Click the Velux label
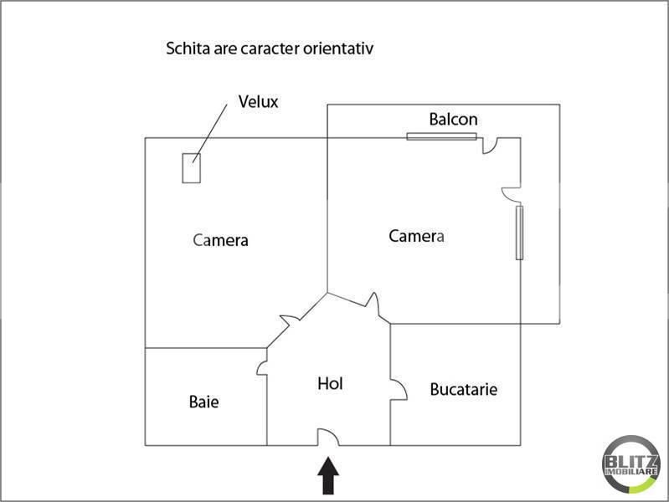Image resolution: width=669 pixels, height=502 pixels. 258,101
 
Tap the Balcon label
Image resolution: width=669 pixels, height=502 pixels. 453,120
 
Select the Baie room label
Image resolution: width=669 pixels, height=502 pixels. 204,402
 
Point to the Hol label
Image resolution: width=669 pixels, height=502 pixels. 330,383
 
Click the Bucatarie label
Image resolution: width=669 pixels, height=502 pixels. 463,389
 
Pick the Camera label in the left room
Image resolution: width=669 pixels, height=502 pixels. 220,240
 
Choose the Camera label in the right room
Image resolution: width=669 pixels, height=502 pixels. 416,236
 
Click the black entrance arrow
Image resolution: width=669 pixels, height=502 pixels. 328,475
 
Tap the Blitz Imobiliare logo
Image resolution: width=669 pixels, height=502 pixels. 631,464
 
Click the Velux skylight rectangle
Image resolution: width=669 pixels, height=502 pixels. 192,168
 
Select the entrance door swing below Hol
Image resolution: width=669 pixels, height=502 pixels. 327,438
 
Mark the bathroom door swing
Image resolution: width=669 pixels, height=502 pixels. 262,368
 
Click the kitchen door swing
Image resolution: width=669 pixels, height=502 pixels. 399,389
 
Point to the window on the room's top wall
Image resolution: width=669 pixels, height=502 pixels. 441,136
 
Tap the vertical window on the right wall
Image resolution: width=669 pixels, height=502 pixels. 519,233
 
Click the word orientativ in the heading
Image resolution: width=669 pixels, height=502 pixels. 338,49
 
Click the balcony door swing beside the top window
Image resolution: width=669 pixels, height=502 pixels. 491,146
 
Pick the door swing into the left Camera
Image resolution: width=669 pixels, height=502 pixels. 291,320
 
